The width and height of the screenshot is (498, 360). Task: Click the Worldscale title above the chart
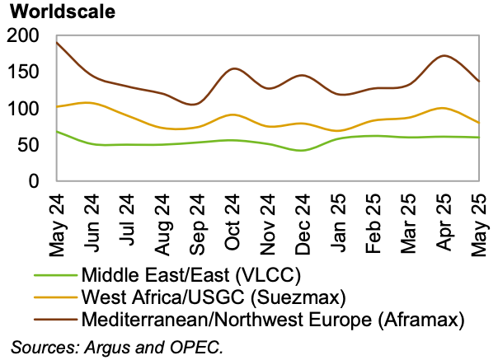pos(59,12)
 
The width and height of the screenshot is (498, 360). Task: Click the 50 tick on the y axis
pos(29,144)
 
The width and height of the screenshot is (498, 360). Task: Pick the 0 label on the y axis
pos(34,180)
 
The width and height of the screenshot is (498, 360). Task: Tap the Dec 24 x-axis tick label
pos(303,219)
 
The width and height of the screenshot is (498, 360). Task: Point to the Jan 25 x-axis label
pos(338,219)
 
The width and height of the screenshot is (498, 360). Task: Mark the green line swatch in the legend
pos(54,275)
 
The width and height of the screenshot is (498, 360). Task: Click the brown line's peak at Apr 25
pos(444,56)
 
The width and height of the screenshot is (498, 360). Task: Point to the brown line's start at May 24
pos(56,42)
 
